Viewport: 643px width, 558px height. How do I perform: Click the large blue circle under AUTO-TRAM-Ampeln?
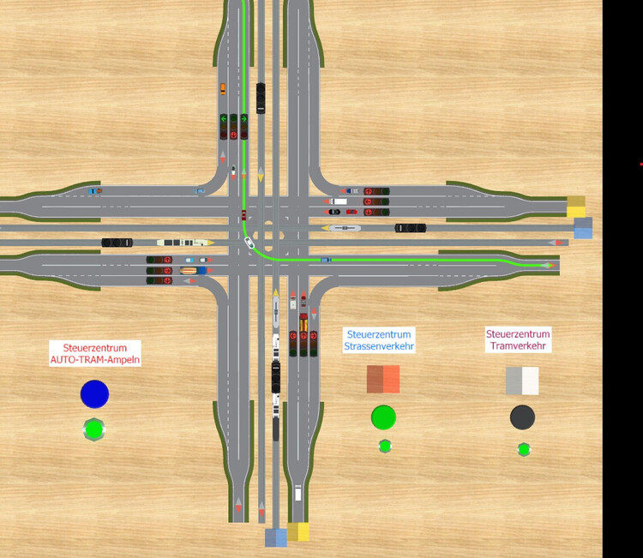[94, 394]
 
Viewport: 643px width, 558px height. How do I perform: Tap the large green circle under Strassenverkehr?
[383, 417]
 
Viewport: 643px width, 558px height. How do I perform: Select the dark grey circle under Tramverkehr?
[522, 417]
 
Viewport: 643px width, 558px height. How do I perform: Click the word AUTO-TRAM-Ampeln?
[95, 360]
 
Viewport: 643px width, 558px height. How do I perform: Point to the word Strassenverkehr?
[378, 346]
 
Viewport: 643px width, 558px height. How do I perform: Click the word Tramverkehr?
[518, 345]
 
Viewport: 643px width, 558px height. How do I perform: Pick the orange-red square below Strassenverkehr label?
[383, 379]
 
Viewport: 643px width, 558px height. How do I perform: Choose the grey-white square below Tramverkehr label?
[522, 381]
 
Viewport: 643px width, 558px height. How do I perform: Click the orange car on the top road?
[223, 88]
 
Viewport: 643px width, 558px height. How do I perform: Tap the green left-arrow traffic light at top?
[223, 119]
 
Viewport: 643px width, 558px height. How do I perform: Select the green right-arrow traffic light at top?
[243, 119]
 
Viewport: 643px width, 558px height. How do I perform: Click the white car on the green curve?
[249, 243]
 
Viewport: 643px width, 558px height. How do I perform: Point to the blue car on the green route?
[325, 259]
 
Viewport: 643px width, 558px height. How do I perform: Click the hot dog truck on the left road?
[189, 270]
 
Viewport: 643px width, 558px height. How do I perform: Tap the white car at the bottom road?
[297, 492]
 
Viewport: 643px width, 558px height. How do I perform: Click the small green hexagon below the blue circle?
[93, 429]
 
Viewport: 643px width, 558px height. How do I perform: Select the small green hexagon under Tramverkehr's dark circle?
[523, 449]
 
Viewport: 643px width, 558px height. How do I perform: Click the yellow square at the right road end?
[576, 206]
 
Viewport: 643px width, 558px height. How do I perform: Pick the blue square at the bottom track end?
[276, 537]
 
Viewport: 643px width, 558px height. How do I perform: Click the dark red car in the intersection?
[243, 215]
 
